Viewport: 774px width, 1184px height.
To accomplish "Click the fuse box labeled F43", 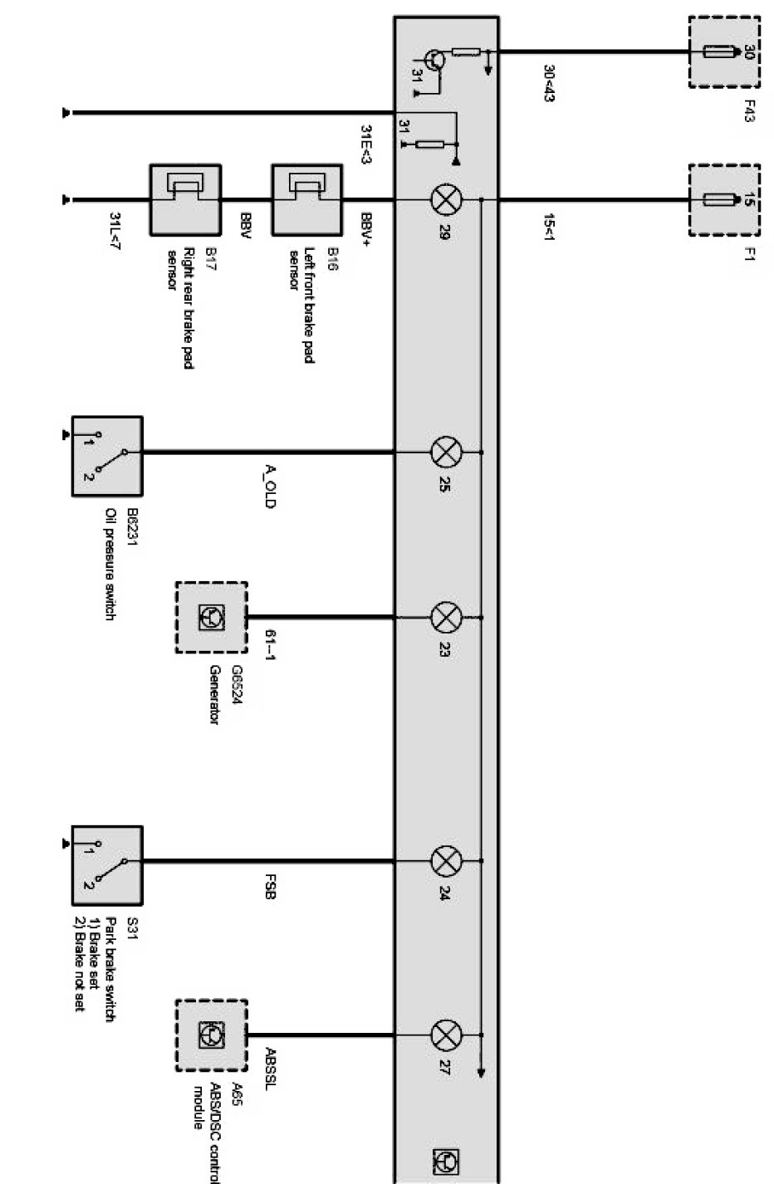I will click(x=724, y=51).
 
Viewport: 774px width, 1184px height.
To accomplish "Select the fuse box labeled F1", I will click(x=724, y=199).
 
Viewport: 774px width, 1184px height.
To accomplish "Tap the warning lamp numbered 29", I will click(x=446, y=199).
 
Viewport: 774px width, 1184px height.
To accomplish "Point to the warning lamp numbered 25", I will click(x=446, y=453).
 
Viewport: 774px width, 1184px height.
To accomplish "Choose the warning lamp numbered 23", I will click(x=446, y=617).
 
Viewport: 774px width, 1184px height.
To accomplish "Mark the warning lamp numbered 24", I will click(x=446, y=861).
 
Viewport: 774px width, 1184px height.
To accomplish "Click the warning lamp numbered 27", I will click(x=446, y=1035).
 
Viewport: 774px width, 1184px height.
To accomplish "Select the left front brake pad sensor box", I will click(x=306, y=199).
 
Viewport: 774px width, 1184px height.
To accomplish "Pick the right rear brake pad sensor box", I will click(x=184, y=199).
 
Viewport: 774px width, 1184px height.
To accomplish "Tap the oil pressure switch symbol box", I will click(x=107, y=456).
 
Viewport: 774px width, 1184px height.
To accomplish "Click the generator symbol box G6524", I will click(x=211, y=617).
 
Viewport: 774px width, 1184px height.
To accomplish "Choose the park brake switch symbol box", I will click(x=107, y=864).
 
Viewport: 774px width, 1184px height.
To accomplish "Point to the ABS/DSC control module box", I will click(x=211, y=1035).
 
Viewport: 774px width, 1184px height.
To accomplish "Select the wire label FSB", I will click(x=270, y=889).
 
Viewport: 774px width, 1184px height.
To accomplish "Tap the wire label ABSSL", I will click(x=270, y=1067).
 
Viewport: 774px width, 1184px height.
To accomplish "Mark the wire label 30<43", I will click(x=548, y=83).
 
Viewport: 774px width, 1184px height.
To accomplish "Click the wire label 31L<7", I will click(x=115, y=230).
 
